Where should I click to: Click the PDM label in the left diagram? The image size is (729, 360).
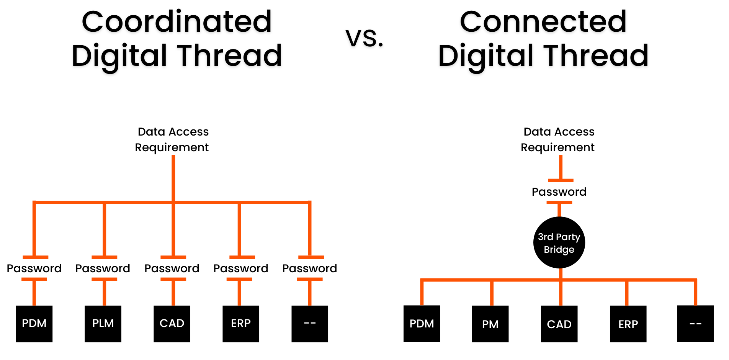coord(34,323)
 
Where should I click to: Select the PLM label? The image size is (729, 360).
coord(103,323)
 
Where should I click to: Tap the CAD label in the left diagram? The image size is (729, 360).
coord(172,323)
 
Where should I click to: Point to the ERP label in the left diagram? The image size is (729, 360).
coord(241,323)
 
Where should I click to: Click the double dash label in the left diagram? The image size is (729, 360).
coord(310,323)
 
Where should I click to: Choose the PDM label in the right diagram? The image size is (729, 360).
coord(422,324)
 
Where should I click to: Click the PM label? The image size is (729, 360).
coord(490,325)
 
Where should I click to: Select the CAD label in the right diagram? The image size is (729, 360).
coord(559,325)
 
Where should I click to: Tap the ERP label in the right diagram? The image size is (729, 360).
coord(628,325)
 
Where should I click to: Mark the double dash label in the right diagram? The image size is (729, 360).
coord(695,324)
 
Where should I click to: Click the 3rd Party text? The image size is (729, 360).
coord(559,237)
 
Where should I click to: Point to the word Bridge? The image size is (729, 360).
coord(559,250)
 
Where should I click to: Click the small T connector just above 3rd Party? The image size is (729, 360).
coord(559,207)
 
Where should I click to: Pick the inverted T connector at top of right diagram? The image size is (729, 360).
coord(561,170)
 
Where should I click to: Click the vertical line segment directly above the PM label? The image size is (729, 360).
coord(492,293)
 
